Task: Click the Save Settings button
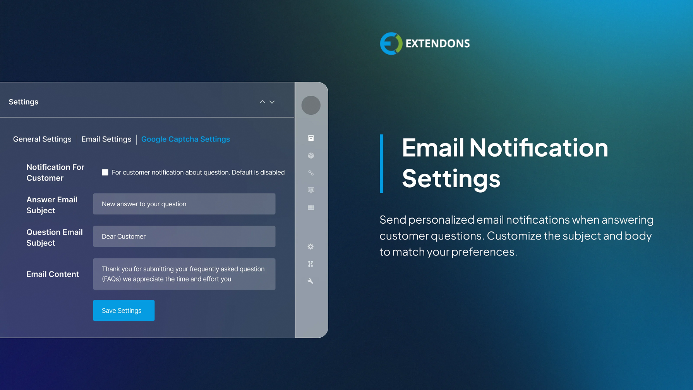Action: [x=124, y=310]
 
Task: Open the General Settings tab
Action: [x=42, y=139]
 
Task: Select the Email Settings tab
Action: [x=106, y=139]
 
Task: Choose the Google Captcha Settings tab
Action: [x=185, y=139]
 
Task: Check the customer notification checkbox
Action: [x=105, y=172]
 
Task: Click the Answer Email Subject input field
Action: [x=184, y=204]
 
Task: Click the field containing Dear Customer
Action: [x=184, y=236]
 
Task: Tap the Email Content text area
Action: [x=184, y=274]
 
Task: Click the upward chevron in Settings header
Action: [x=262, y=102]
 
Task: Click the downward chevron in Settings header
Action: [x=272, y=102]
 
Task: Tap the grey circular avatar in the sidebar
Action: [x=311, y=105]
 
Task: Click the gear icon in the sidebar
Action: [x=310, y=247]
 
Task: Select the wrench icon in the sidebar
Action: [x=310, y=281]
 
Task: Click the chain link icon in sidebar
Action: [x=311, y=173]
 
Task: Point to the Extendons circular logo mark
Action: [x=391, y=43]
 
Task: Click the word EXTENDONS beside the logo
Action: [x=437, y=43]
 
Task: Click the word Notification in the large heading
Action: [x=539, y=148]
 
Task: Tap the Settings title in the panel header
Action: [x=24, y=102]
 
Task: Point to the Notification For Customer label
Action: [x=55, y=173]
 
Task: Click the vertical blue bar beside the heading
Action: [x=382, y=163]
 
